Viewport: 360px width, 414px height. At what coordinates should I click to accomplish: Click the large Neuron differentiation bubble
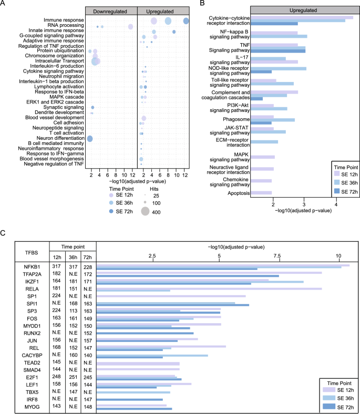click(x=90, y=139)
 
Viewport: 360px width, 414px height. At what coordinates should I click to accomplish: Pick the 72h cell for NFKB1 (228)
click(x=88, y=267)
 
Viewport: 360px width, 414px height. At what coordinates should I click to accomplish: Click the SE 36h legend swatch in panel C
click(x=329, y=399)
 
